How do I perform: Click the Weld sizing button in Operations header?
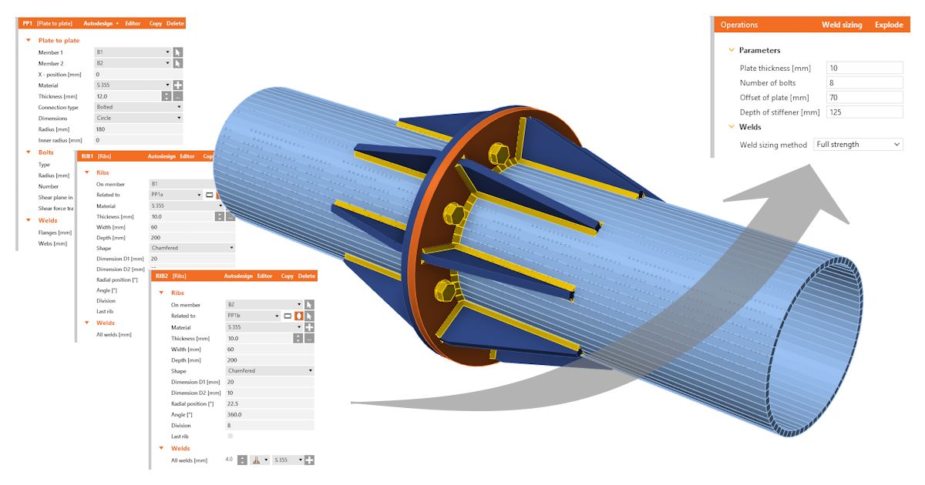pyautogui.click(x=842, y=25)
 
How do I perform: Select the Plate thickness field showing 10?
pyautogui.click(x=863, y=69)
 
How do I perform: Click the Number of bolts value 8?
pyautogui.click(x=863, y=83)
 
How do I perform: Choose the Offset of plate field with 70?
pyautogui.click(x=863, y=98)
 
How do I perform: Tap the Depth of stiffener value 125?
pyautogui.click(x=863, y=112)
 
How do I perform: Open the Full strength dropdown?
pyautogui.click(x=858, y=145)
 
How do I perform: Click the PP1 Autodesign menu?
pyautogui.click(x=101, y=24)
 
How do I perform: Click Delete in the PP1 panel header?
pyautogui.click(x=175, y=24)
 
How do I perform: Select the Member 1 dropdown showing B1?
pyautogui.click(x=132, y=52)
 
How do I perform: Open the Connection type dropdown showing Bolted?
pyautogui.click(x=138, y=107)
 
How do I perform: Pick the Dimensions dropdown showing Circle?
pyautogui.click(x=138, y=119)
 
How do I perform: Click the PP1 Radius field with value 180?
pyautogui.click(x=138, y=129)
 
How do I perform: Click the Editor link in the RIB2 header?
pyautogui.click(x=264, y=276)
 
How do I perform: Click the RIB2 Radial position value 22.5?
pyautogui.click(x=269, y=403)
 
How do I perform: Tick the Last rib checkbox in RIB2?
pyautogui.click(x=230, y=436)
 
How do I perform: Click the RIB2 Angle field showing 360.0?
pyautogui.click(x=269, y=414)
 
